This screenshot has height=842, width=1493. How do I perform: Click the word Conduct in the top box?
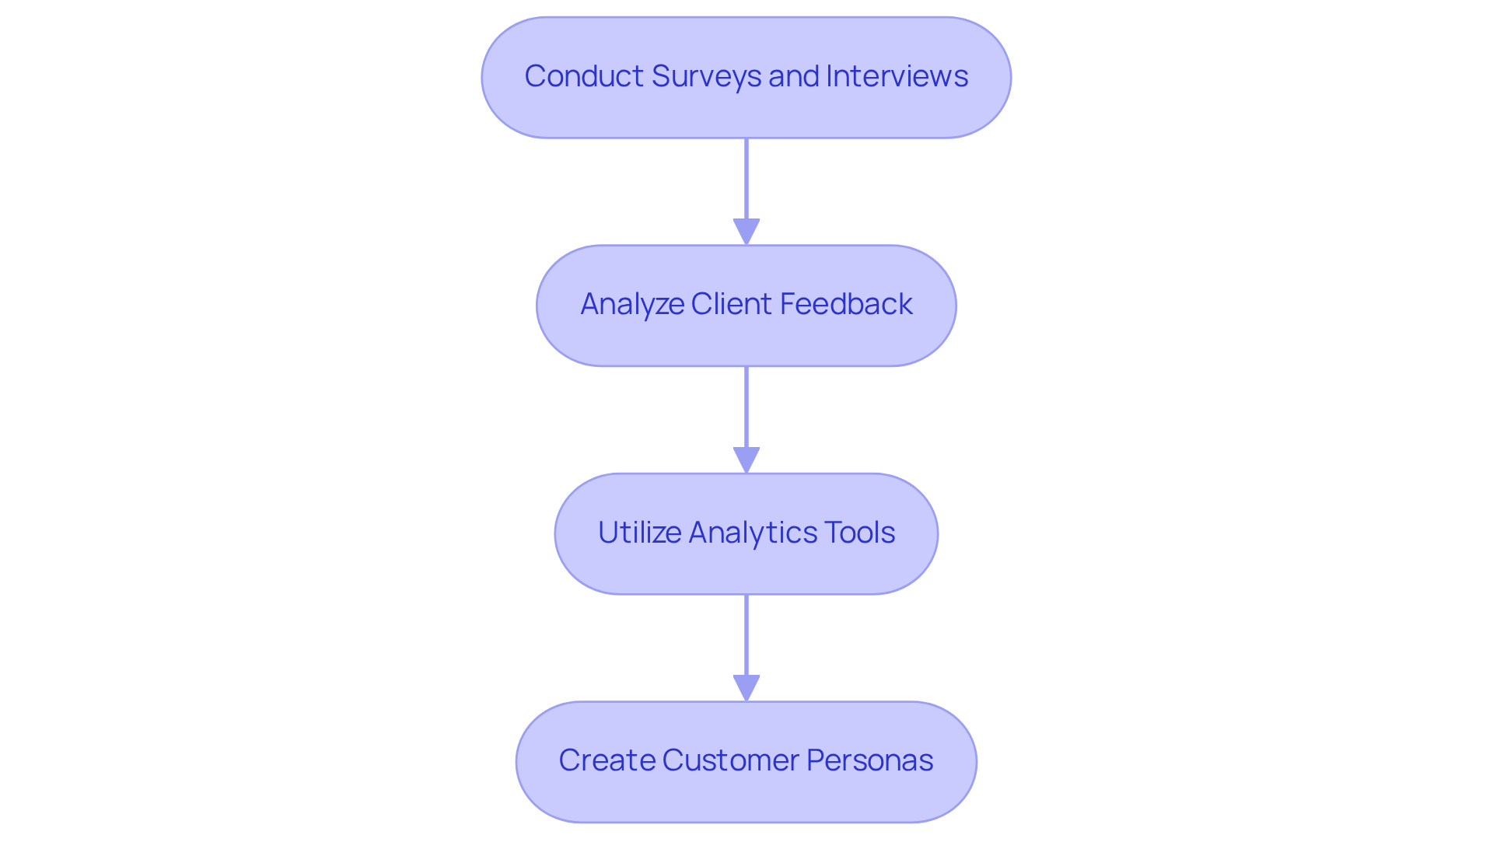[x=583, y=76]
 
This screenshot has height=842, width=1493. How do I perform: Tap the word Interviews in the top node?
[x=897, y=76]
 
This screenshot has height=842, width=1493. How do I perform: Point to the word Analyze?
[x=631, y=304]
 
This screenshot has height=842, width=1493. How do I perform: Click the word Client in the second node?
[x=732, y=304]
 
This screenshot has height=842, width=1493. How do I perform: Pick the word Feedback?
[x=846, y=304]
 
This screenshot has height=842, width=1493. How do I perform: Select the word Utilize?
[x=639, y=533]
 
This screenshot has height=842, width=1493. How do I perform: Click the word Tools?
[x=859, y=533]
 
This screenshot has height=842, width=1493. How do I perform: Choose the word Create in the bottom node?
[x=607, y=760]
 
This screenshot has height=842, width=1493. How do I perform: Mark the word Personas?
[x=869, y=760]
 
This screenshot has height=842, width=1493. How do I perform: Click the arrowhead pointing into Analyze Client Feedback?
[x=746, y=232]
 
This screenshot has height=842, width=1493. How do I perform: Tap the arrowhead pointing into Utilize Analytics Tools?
[x=746, y=459]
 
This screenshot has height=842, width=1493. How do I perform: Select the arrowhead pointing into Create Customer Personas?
[x=746, y=688]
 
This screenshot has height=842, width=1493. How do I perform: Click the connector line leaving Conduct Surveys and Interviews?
[x=746, y=179]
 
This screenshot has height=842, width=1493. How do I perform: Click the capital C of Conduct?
[x=535, y=76]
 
